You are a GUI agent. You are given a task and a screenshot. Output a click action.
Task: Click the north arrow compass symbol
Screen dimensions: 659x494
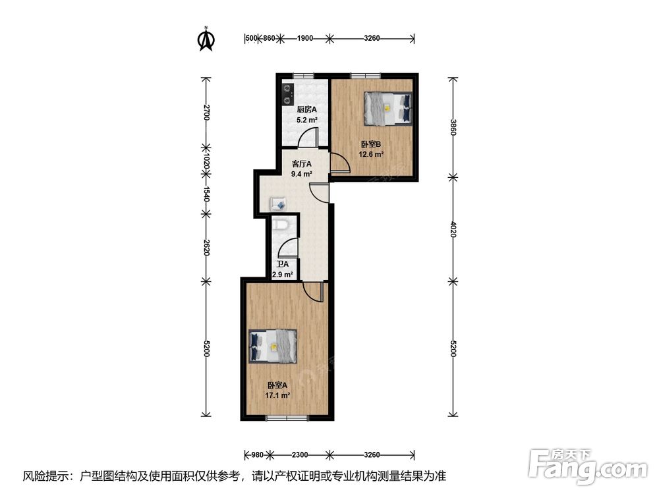click(206, 39)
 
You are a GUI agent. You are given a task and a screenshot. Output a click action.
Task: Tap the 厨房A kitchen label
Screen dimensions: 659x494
click(307, 109)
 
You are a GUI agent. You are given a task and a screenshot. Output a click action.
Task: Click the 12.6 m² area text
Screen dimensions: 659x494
click(370, 154)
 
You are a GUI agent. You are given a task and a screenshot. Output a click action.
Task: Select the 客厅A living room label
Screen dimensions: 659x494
click(302, 164)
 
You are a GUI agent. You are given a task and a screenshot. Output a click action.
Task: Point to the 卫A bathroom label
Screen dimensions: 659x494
click(283, 264)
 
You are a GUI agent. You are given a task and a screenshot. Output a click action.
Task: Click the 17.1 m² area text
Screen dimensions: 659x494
click(277, 395)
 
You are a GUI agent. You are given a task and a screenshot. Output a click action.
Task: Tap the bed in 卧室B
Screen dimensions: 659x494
click(387, 109)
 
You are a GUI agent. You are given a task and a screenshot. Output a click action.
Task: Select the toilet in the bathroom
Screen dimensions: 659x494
click(281, 225)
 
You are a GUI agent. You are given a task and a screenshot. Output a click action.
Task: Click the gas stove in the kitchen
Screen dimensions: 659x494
click(287, 94)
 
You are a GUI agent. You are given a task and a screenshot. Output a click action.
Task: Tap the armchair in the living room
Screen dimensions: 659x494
click(278, 204)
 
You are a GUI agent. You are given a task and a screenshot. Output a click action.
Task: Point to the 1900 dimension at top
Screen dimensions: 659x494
click(305, 38)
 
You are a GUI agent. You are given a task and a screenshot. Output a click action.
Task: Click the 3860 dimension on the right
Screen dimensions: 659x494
click(453, 127)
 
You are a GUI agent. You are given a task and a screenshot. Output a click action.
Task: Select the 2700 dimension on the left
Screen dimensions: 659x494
click(206, 112)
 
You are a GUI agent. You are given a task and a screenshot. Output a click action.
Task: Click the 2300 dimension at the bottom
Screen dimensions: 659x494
click(300, 454)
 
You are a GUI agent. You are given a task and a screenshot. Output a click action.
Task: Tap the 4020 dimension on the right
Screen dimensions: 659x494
click(453, 229)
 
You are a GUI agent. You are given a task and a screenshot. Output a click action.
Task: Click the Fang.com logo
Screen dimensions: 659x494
click(588, 466)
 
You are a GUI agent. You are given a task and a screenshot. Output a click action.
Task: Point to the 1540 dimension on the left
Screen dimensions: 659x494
click(206, 194)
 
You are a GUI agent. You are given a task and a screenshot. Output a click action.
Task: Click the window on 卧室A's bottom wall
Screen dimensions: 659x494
click(287, 418)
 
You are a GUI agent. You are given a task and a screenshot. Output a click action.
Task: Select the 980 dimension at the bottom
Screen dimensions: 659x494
click(257, 454)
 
